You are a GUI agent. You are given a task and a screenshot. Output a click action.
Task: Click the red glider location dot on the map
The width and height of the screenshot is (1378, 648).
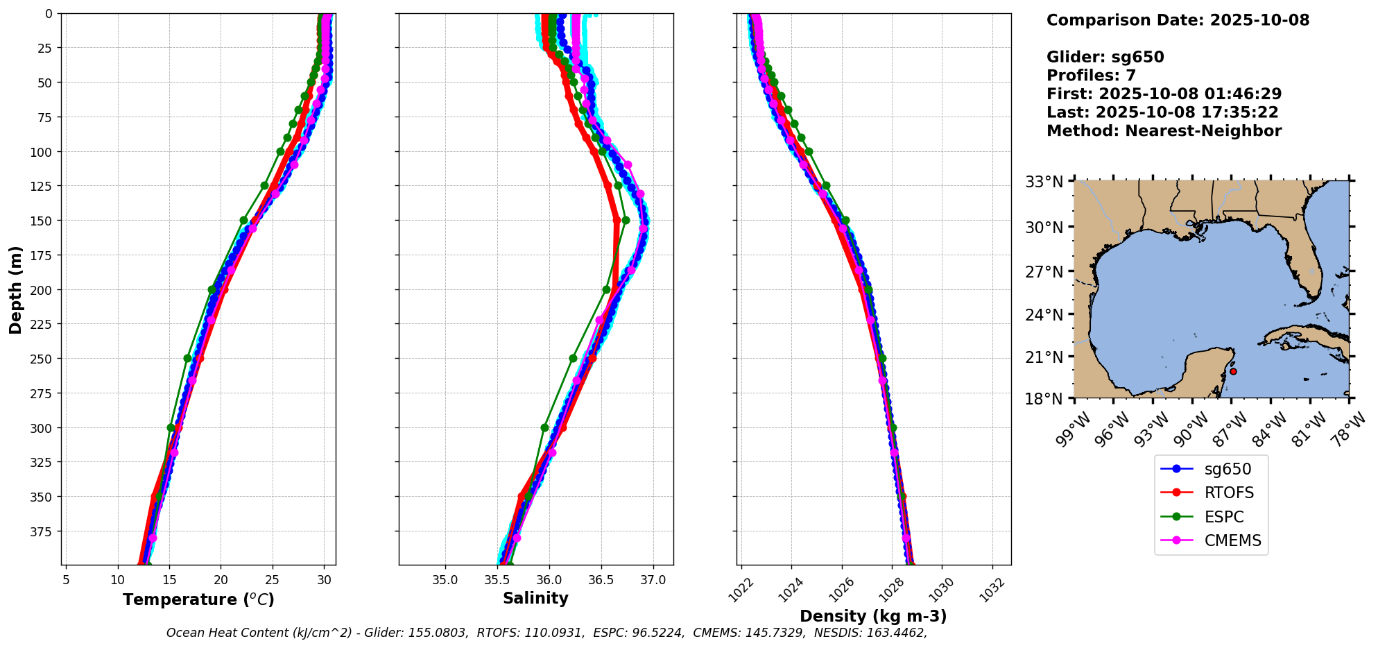pyautogui.click(x=1233, y=371)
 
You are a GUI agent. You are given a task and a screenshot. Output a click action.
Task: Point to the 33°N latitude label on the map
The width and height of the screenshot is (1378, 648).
pyautogui.click(x=1044, y=182)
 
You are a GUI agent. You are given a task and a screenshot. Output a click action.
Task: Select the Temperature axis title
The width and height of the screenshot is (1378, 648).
pyautogui.click(x=198, y=599)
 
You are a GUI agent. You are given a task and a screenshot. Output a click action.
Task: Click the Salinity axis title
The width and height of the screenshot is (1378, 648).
pyautogui.click(x=535, y=598)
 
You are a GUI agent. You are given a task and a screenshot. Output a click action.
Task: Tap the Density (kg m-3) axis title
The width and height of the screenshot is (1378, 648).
pyautogui.click(x=873, y=616)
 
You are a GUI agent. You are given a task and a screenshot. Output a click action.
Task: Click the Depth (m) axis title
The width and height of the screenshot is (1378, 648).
pyautogui.click(x=15, y=289)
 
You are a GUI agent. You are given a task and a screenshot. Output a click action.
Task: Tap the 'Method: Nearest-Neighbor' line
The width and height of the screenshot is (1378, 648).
pyautogui.click(x=1164, y=130)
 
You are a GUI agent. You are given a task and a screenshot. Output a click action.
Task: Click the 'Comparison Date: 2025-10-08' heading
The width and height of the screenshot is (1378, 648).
pyautogui.click(x=1178, y=20)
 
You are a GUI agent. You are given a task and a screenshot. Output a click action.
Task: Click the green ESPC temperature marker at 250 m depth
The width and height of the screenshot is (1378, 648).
pyautogui.click(x=187, y=359)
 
